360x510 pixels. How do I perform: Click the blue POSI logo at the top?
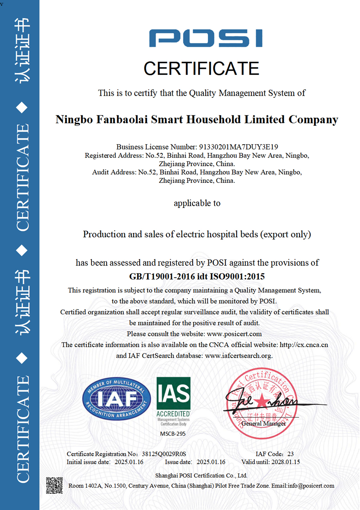tap(206, 38)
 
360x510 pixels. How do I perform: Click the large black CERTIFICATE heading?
tap(201, 69)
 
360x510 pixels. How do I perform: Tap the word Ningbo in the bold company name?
tap(74, 120)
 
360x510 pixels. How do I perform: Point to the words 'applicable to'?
tap(197, 203)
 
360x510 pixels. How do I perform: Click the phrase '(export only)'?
tap(285, 234)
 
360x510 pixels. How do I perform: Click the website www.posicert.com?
tap(234, 334)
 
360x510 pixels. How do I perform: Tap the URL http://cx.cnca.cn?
tap(304, 345)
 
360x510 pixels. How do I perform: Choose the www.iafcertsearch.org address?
tap(238, 356)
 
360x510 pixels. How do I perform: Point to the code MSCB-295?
tap(173, 434)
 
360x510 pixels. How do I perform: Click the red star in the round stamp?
tap(262, 401)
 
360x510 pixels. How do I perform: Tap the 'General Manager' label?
tap(263, 423)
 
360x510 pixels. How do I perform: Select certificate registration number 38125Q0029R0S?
tap(164, 454)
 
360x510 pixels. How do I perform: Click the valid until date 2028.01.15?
tap(285, 462)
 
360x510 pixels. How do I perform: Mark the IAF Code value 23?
tap(290, 454)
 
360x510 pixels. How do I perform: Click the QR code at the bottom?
tap(54, 485)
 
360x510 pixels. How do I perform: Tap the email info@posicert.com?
tap(311, 486)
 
